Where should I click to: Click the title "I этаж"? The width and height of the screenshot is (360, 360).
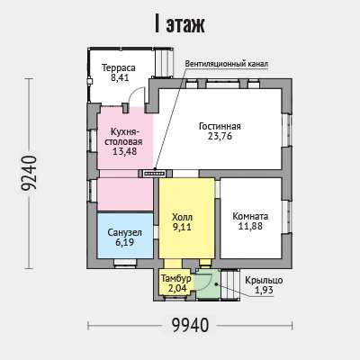180,24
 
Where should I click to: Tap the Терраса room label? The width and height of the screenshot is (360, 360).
119,67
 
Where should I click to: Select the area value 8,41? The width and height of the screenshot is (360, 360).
120,78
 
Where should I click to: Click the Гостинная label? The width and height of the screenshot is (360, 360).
220,126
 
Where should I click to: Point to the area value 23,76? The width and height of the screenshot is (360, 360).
220,136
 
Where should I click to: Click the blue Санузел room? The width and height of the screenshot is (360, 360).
125,236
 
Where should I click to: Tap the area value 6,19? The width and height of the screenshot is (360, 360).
124,243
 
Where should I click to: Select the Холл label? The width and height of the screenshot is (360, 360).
182,217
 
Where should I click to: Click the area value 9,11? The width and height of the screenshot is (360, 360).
182,227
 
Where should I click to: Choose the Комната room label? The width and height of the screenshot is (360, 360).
250,216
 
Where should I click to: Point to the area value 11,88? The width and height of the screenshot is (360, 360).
250,226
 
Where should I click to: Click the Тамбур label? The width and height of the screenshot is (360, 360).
176,278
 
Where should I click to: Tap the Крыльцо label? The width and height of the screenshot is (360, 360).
264,280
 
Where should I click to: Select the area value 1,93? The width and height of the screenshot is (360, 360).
264,290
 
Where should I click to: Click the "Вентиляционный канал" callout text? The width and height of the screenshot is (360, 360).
227,64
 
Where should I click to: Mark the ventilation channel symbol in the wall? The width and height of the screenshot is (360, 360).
154,174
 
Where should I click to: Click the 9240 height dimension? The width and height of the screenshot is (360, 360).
29,173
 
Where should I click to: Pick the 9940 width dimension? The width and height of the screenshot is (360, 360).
190,325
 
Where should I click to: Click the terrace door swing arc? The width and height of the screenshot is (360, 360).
132,91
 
